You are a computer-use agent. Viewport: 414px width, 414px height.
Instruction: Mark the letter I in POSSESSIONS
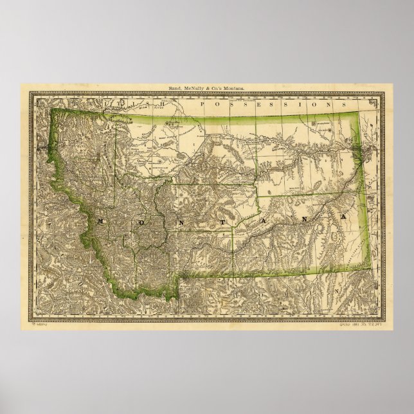[x=305, y=103]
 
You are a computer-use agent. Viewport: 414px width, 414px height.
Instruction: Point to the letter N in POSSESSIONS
[x=331, y=103]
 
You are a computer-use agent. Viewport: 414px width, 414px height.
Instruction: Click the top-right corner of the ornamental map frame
[x=384, y=93]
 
